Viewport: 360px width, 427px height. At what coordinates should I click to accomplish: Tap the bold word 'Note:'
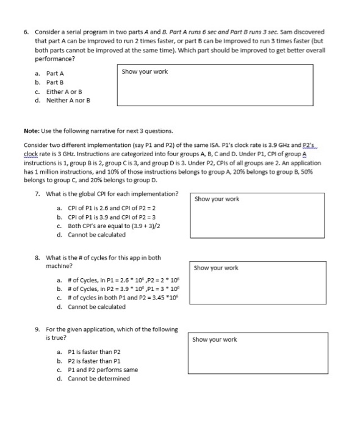[x=32, y=131]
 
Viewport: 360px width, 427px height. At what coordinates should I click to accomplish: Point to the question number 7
[x=38, y=193]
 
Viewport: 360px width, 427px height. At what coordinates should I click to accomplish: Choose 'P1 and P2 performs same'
[x=101, y=369]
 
